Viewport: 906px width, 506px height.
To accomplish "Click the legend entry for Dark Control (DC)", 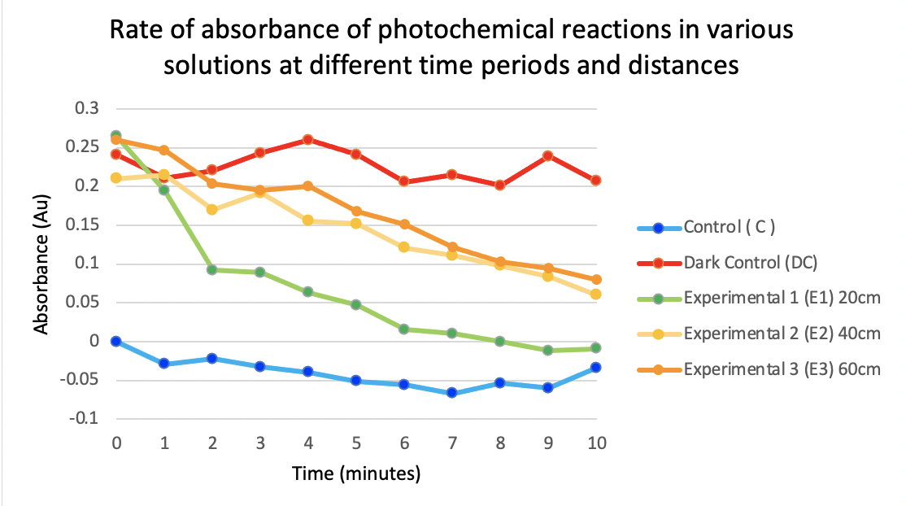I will [748, 263].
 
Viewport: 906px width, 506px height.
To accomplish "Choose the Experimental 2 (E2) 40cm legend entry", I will [782, 334].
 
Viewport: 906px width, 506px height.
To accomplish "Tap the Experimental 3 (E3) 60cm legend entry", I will [782, 369].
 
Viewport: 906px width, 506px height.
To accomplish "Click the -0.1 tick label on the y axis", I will [83, 419].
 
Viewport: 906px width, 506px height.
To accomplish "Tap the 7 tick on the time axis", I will [451, 443].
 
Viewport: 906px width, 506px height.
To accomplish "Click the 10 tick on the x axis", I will [595, 443].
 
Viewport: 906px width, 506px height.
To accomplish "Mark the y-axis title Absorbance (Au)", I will [41, 263].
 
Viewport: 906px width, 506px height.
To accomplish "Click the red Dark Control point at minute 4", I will [308, 140].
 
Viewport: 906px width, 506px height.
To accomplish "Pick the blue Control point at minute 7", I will [451, 393].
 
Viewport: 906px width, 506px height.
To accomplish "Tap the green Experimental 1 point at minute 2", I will [212, 269].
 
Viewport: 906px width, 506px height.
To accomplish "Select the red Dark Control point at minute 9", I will [547, 155].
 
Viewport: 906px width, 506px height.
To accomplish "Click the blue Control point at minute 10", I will [595, 368].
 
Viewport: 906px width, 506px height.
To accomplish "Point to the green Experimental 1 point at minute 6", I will [403, 329].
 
